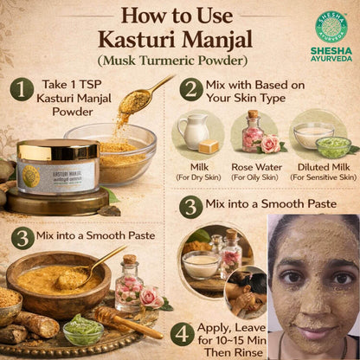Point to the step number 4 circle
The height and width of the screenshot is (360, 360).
(182, 334)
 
